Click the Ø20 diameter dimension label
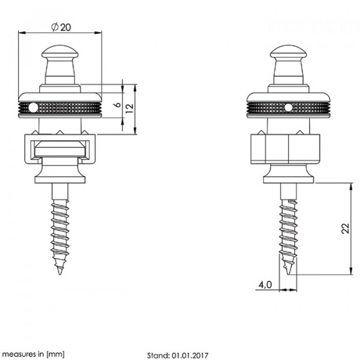60,27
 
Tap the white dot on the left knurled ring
34,107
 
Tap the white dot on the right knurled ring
289,107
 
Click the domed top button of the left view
60,50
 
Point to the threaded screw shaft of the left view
60,228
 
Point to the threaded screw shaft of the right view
289,228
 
